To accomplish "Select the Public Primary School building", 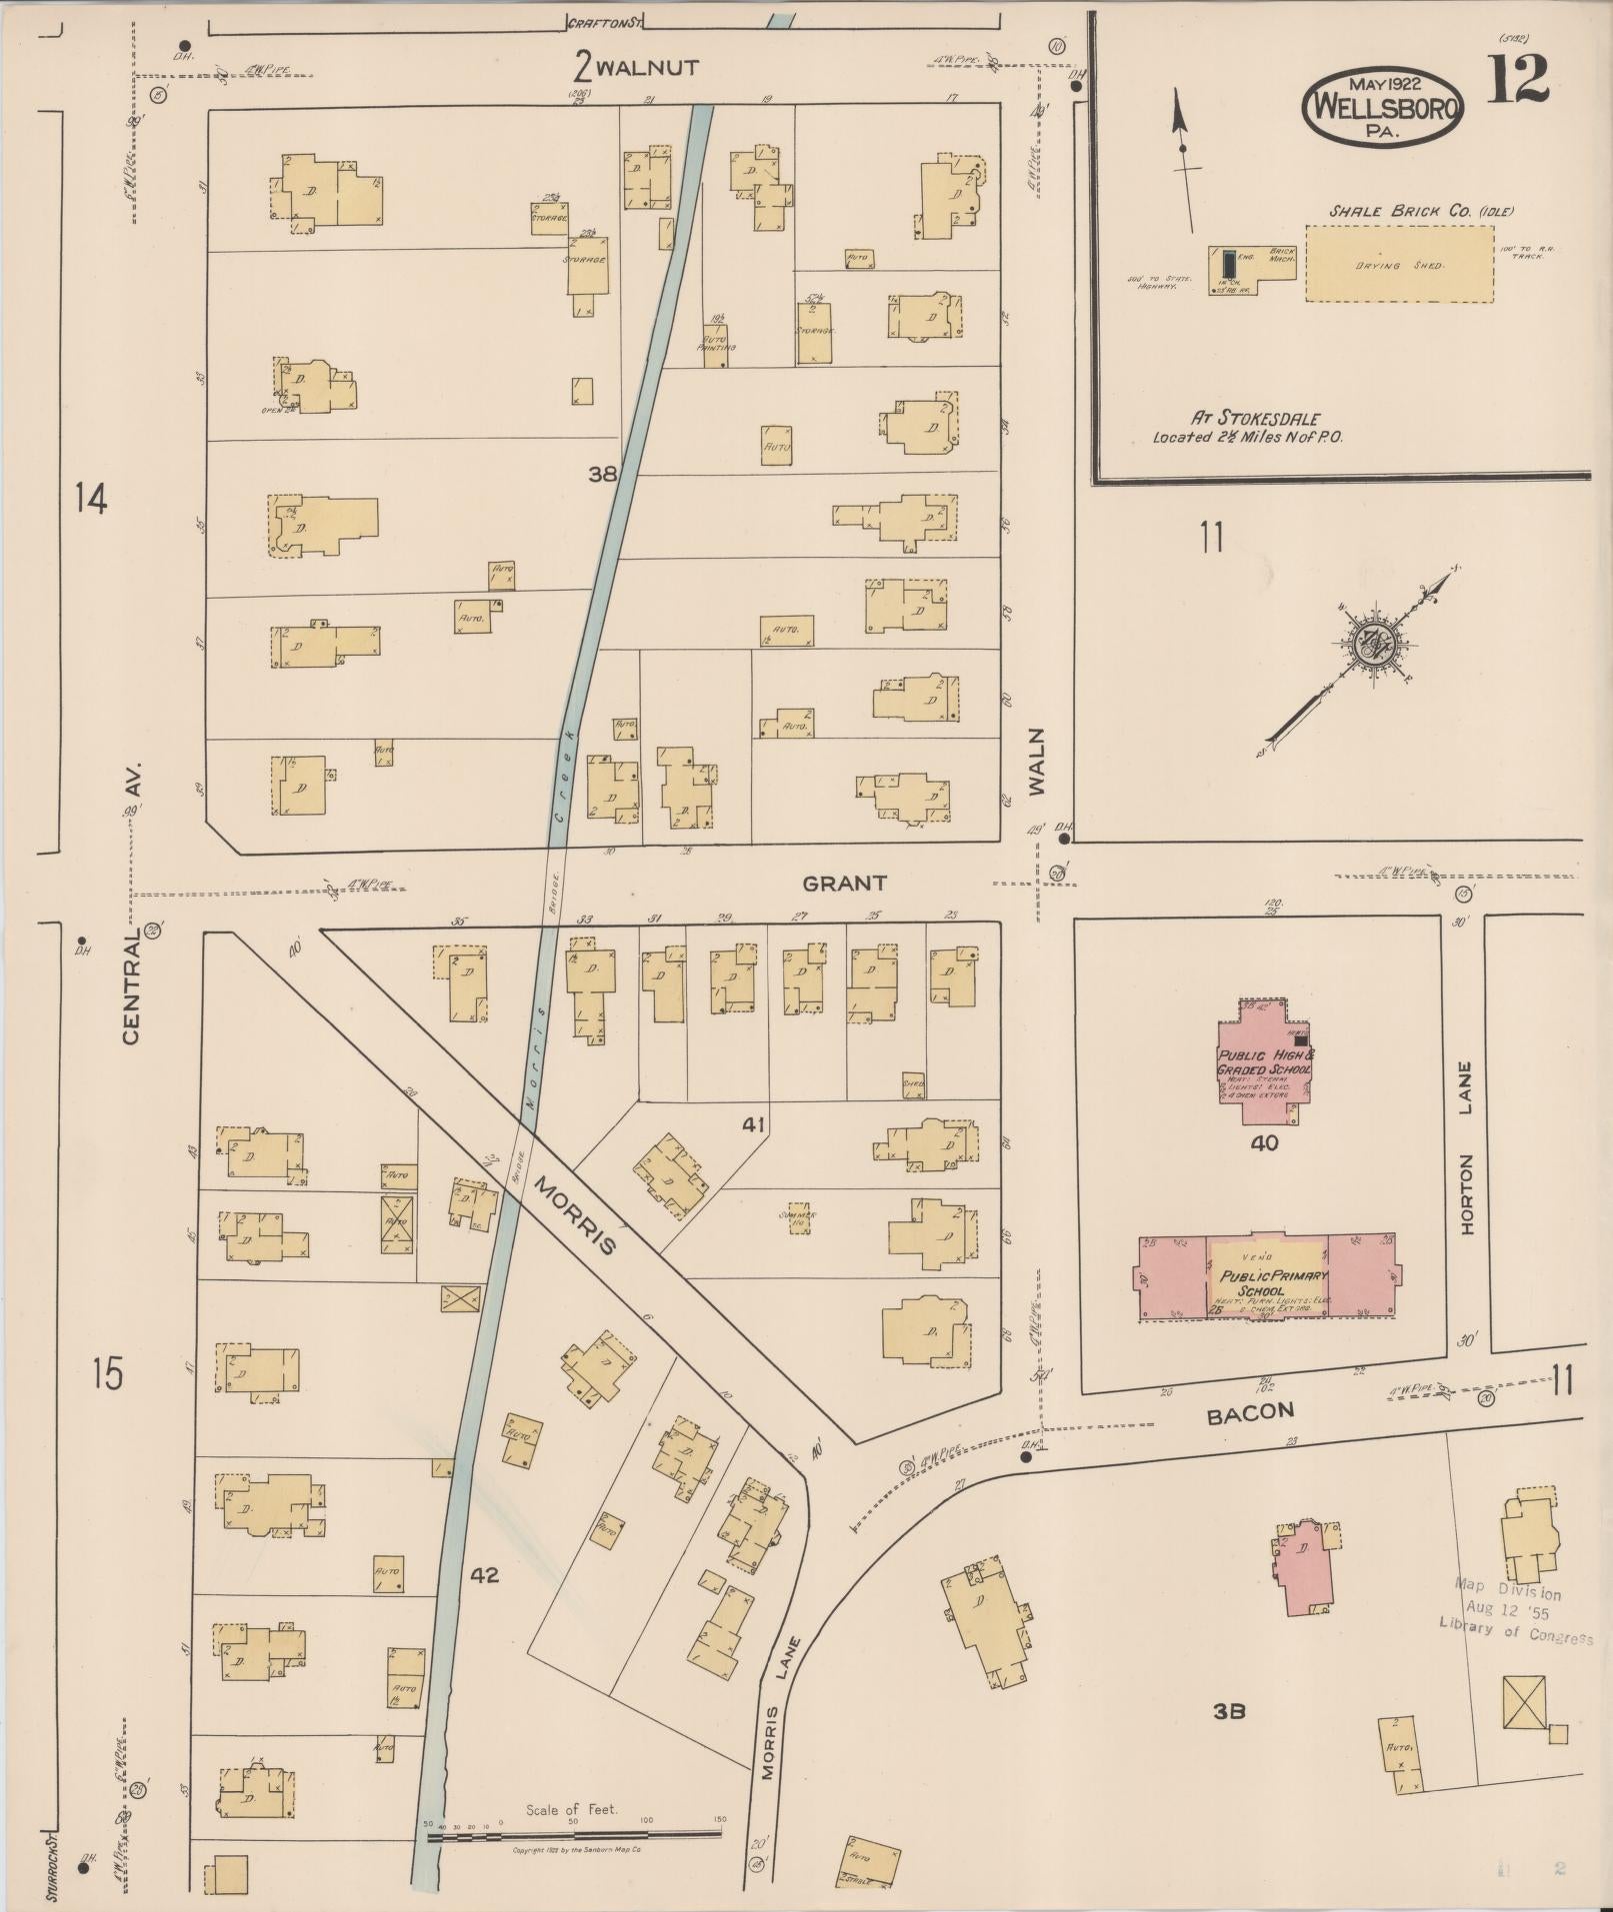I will (1269, 1277).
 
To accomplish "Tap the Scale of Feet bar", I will (574, 1835).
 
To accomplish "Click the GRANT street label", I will (844, 884).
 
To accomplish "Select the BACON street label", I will (1250, 1411).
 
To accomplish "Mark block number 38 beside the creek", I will (602, 475).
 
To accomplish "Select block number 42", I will (484, 1575).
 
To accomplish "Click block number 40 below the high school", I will (1264, 1143).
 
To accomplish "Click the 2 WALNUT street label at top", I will (636, 68).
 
